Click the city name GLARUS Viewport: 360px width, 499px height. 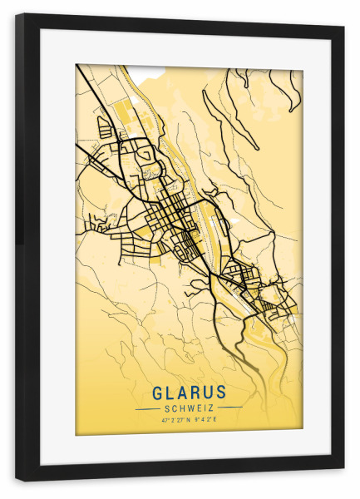click(x=189, y=392)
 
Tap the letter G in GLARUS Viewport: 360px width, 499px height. click(x=157, y=392)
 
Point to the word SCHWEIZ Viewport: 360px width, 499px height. click(x=189, y=408)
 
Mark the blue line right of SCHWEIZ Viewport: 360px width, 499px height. click(x=231, y=408)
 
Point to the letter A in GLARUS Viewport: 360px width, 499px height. click(x=182, y=392)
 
